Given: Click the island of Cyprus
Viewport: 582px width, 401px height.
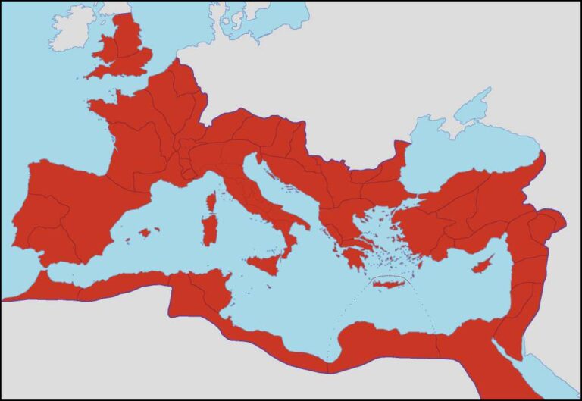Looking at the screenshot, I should click(x=481, y=268).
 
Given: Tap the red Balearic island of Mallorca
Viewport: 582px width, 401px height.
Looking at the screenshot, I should click(x=145, y=231).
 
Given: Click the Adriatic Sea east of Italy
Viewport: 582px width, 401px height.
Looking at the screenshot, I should click(x=277, y=190).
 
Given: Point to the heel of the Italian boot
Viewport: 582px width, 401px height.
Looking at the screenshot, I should click(x=304, y=223).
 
